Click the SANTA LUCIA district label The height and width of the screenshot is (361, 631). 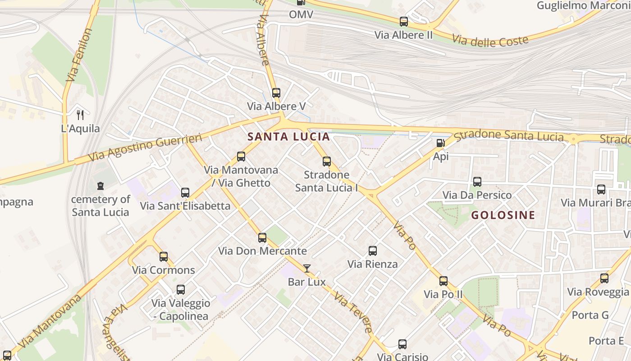point(288,136)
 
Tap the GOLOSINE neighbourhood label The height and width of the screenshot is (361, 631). point(503,215)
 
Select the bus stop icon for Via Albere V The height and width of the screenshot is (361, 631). point(276,93)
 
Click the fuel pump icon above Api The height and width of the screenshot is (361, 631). point(440,143)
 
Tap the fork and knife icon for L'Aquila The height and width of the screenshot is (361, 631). point(80,115)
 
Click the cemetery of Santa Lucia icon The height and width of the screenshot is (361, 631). point(100,185)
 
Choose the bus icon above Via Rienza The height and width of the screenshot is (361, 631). point(373,251)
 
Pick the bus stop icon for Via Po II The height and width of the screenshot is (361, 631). point(444,281)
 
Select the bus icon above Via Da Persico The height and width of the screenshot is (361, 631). point(477,182)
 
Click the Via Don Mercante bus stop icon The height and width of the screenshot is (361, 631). point(262,238)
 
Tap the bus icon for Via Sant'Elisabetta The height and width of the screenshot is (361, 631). point(185,193)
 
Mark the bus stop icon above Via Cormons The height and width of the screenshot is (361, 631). point(164,257)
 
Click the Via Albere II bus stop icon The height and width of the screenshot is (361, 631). point(404,22)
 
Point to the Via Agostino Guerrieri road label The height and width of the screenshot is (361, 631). point(137,148)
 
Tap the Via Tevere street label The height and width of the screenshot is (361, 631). point(354,314)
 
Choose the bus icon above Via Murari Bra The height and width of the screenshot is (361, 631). point(601,190)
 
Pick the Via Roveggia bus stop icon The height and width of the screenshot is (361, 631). point(604,278)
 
